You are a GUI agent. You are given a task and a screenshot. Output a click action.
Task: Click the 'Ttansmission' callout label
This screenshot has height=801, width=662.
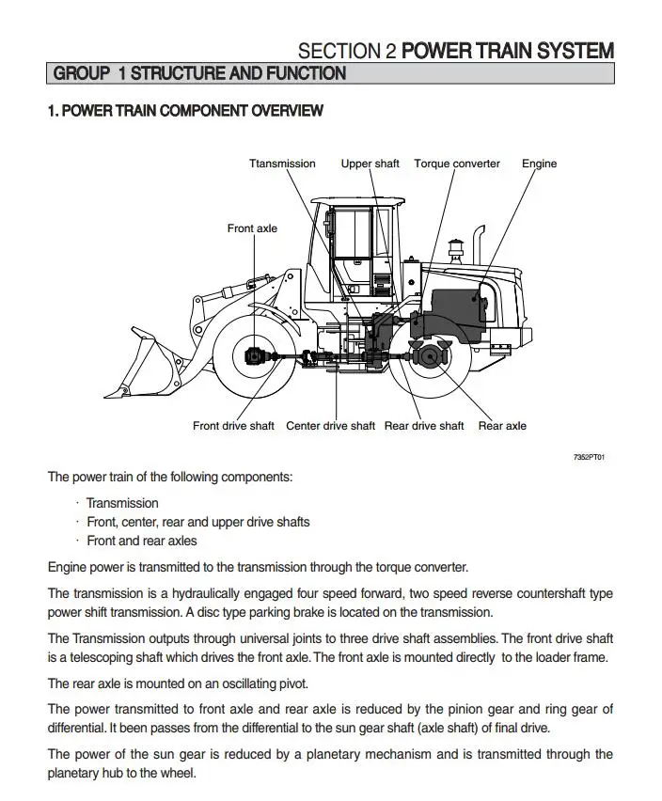[282, 164]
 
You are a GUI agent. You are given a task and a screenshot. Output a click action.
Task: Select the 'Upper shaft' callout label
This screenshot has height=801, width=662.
[370, 164]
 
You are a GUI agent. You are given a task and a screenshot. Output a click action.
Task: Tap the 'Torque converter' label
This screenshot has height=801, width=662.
[457, 164]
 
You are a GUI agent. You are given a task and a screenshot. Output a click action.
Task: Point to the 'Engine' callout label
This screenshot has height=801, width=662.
[539, 164]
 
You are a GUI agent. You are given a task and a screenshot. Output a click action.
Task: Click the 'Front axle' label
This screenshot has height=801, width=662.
[252, 228]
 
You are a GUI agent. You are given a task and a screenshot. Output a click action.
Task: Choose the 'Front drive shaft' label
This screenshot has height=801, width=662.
[233, 426]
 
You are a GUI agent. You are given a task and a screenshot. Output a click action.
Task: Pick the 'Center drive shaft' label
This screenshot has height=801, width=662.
[330, 426]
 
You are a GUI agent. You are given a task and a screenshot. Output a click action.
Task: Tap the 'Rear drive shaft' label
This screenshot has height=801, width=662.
[424, 426]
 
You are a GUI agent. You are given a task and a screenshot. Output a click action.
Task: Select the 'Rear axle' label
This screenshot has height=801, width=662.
[502, 426]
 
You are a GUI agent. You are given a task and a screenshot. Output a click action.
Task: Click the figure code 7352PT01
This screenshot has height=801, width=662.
[589, 457]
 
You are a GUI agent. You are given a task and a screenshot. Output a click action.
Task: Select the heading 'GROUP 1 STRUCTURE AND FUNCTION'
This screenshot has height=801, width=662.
[199, 73]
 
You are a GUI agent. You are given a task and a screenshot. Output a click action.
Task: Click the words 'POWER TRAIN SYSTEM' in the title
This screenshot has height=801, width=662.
[508, 51]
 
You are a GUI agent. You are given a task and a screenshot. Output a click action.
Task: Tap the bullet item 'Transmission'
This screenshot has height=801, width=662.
[122, 503]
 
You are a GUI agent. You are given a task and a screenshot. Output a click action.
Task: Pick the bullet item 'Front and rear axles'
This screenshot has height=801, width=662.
[141, 541]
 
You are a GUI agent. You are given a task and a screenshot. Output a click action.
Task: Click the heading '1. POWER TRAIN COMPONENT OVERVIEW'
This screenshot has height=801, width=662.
[185, 111]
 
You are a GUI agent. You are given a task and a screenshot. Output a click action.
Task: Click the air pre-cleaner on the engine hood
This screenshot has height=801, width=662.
[454, 250]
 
